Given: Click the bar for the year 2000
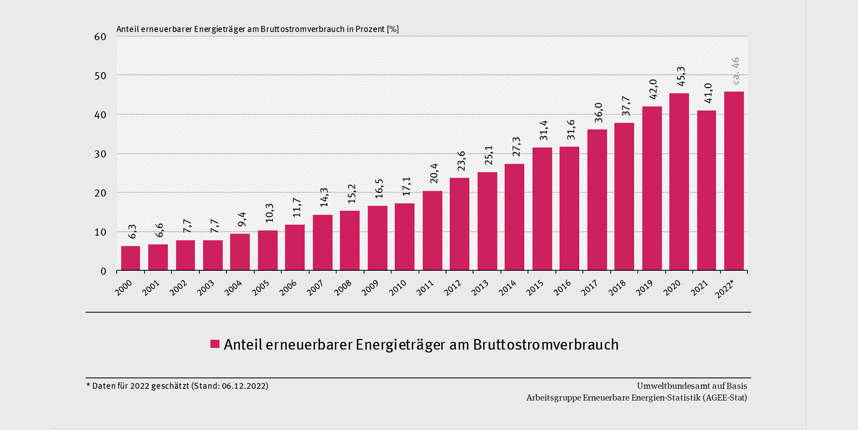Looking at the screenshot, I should pyautogui.click(x=131, y=259).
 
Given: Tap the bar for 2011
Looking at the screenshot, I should pyautogui.click(x=432, y=231).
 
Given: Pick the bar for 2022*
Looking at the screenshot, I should pyautogui.click(x=734, y=181).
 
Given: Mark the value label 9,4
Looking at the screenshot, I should pyautogui.click(x=241, y=220).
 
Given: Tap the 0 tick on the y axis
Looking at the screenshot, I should pyautogui.click(x=103, y=271).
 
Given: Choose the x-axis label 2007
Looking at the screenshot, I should pyautogui.click(x=316, y=286).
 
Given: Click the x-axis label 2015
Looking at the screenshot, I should pyautogui.click(x=535, y=286).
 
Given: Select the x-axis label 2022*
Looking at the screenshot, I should pyautogui.click(x=726, y=287).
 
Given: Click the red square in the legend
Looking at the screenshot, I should pyautogui.click(x=215, y=344).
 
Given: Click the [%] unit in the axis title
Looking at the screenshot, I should pyautogui.click(x=393, y=29).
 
